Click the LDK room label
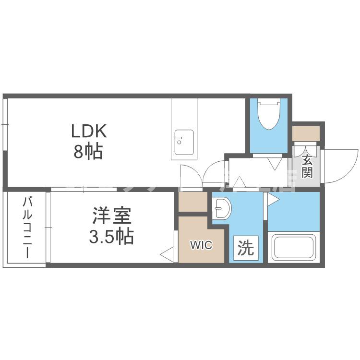coord(89,131)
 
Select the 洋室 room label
coord(112,216)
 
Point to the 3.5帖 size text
coord(112,237)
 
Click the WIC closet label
coord(201,246)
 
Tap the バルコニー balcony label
coord(26,227)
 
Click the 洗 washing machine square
coord(246,248)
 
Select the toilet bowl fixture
coord(268,114)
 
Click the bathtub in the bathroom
coord(293,246)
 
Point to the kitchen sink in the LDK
coord(184,142)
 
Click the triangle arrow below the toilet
coord(276,165)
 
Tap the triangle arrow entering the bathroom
coord(272,199)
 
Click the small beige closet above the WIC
coord(192,202)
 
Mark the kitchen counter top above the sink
coord(184,112)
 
